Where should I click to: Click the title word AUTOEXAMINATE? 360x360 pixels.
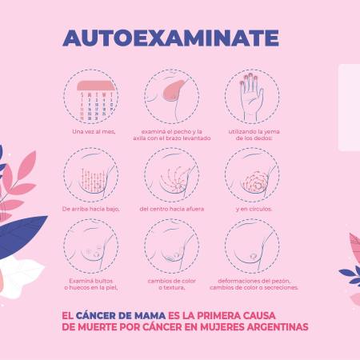170,38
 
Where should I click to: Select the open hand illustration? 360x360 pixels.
250,97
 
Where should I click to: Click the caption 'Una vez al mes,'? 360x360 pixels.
94,131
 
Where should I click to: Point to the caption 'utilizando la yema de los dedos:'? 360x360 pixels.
254,134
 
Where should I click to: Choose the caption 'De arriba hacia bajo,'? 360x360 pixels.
90,209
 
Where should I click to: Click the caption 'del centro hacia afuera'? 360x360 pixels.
172,209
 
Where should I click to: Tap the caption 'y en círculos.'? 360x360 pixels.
254,209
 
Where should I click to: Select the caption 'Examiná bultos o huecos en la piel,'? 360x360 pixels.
91,284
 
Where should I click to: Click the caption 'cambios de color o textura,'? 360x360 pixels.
172,284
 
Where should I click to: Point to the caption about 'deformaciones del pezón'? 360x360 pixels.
254,284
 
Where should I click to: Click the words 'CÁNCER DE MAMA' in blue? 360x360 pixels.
121,315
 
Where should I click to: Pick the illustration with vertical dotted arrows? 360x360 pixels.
91,174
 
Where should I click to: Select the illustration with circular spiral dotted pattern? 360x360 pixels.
252,174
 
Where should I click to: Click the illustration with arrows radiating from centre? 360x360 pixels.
172,174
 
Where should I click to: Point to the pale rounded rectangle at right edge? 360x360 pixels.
350,108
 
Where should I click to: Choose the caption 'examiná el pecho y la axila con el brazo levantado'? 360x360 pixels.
172,134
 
